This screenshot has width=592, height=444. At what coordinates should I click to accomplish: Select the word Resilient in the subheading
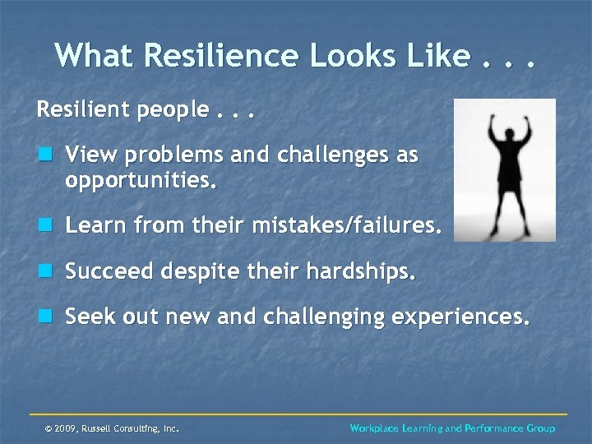point(78,109)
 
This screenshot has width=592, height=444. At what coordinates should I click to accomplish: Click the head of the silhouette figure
point(505,132)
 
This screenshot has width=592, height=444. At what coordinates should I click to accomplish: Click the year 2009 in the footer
point(67,428)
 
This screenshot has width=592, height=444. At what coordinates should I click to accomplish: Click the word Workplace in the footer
point(374,428)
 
